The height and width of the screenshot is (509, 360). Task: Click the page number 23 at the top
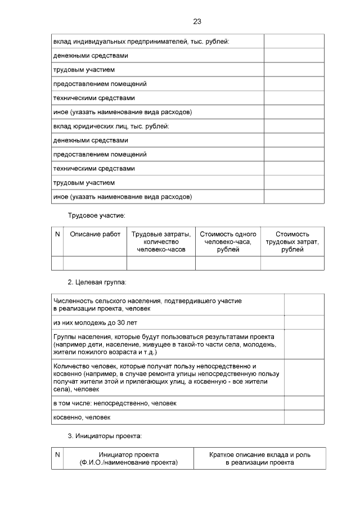click(197, 22)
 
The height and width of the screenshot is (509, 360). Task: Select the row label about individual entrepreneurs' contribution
click(141, 42)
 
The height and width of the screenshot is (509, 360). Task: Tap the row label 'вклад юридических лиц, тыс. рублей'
click(111, 127)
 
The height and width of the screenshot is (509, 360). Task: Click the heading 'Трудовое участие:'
click(96, 215)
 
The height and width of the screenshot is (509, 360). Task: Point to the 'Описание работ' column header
click(95, 235)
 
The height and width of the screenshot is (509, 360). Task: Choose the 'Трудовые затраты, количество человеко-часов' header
click(161, 242)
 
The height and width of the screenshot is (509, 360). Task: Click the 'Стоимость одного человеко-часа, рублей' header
click(228, 242)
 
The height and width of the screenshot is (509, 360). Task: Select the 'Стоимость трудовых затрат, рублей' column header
click(292, 242)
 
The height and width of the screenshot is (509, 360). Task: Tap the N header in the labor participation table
click(57, 235)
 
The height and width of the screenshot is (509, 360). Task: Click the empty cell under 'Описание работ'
click(95, 263)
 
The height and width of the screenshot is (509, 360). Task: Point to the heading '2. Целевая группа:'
click(97, 282)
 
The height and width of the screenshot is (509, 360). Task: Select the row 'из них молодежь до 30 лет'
click(95, 323)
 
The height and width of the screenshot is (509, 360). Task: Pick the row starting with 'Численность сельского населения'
click(147, 305)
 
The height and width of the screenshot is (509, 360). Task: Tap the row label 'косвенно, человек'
click(82, 417)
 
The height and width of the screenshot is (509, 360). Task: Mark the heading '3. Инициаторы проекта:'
click(105, 436)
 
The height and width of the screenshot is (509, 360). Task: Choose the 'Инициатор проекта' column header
click(129, 458)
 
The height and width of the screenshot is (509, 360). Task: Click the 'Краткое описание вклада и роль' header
click(259, 458)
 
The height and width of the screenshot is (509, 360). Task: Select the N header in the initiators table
click(57, 454)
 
